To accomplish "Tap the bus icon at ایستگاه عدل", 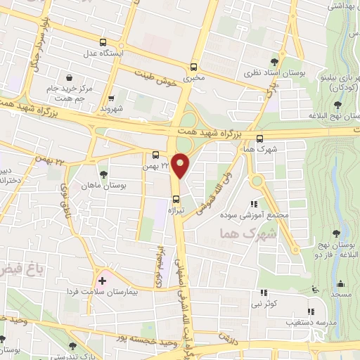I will [x=103, y=42].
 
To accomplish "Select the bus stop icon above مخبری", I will [x=193, y=67].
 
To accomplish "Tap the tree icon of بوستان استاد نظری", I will [x=283, y=62].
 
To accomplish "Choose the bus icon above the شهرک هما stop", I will [x=260, y=139].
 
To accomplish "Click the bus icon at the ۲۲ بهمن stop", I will [x=155, y=155].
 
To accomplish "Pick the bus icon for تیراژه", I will [x=176, y=198].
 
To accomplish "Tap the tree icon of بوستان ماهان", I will [x=103, y=173].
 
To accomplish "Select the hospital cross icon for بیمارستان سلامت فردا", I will [x=102, y=280].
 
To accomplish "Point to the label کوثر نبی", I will [x=263, y=304].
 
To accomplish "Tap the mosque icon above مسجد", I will [x=342, y=284].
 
